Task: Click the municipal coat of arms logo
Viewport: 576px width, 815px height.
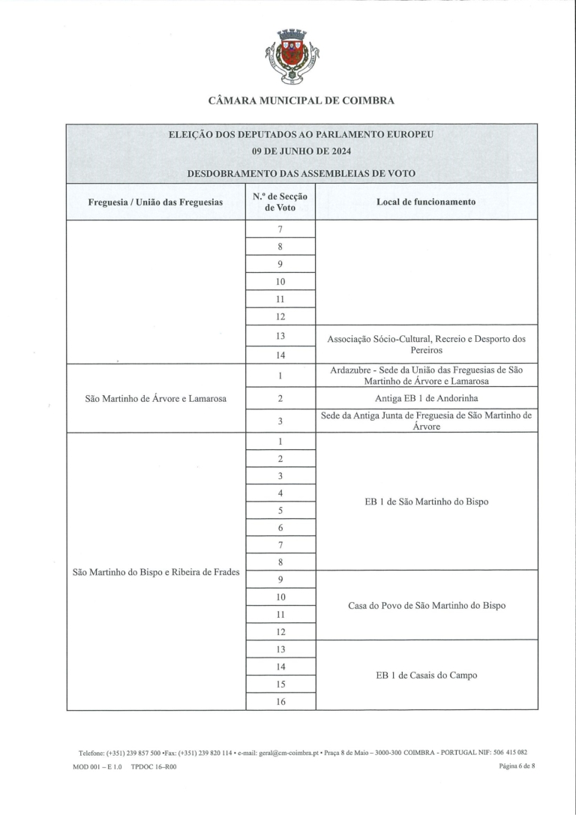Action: (x=292, y=56)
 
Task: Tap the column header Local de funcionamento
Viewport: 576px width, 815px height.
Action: (x=425, y=202)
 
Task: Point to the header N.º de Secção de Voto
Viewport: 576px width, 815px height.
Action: (x=280, y=202)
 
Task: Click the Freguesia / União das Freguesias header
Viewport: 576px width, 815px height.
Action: (x=155, y=202)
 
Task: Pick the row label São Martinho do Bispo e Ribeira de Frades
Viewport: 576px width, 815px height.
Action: (x=156, y=572)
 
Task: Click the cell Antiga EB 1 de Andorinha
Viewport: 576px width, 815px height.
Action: (x=426, y=397)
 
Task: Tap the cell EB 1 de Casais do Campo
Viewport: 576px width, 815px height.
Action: (x=426, y=675)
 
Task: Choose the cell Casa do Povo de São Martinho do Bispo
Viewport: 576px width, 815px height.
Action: (x=426, y=605)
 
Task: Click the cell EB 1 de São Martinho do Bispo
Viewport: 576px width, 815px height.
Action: (x=426, y=501)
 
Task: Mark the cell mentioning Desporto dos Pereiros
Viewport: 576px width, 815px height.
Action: (x=426, y=344)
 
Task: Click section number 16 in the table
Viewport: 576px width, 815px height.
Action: (x=280, y=702)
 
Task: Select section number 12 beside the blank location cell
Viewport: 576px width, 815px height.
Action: (x=280, y=316)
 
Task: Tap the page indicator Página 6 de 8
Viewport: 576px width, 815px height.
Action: (x=518, y=766)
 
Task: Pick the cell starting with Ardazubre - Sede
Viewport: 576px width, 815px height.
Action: (x=426, y=375)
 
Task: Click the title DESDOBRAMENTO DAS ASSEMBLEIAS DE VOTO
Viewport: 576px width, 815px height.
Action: (x=301, y=173)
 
